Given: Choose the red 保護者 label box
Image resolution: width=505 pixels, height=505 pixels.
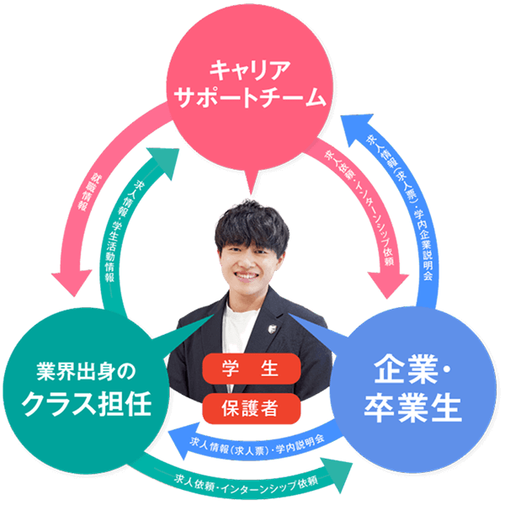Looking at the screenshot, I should pyautogui.click(x=250, y=408).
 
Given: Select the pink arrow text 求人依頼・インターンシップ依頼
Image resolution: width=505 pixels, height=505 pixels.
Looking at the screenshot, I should pyautogui.click(x=361, y=210).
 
